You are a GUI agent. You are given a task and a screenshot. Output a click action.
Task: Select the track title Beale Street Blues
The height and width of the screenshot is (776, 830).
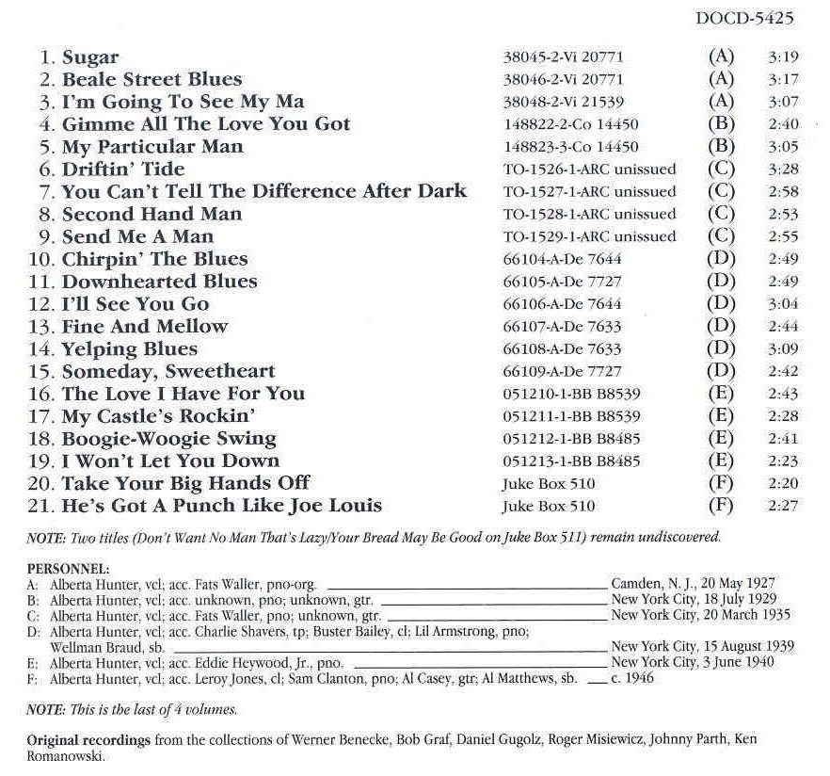(152, 79)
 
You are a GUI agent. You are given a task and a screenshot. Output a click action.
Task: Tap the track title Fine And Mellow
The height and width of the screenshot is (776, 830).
(145, 326)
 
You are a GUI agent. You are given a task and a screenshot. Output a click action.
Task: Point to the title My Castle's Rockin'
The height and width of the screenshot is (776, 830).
(159, 415)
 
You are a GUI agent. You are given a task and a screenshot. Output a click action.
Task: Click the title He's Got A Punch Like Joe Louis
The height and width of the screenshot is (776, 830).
(222, 506)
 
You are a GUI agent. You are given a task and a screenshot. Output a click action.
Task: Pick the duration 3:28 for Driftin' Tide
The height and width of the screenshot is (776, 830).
(783, 170)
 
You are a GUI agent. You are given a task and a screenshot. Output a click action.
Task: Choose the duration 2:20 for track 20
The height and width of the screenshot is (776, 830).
(783, 484)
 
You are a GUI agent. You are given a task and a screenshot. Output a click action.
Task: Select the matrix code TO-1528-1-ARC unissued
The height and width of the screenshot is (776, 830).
(589, 215)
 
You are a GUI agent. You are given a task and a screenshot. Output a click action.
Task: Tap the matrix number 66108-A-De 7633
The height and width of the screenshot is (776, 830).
(562, 349)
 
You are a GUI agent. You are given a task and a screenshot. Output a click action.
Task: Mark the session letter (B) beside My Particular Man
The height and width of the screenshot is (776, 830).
(720, 146)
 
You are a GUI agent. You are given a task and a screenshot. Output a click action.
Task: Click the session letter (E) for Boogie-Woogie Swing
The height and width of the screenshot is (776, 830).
(720, 439)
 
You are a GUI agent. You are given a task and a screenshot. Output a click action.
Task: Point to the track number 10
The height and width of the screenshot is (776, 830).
(48, 259)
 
